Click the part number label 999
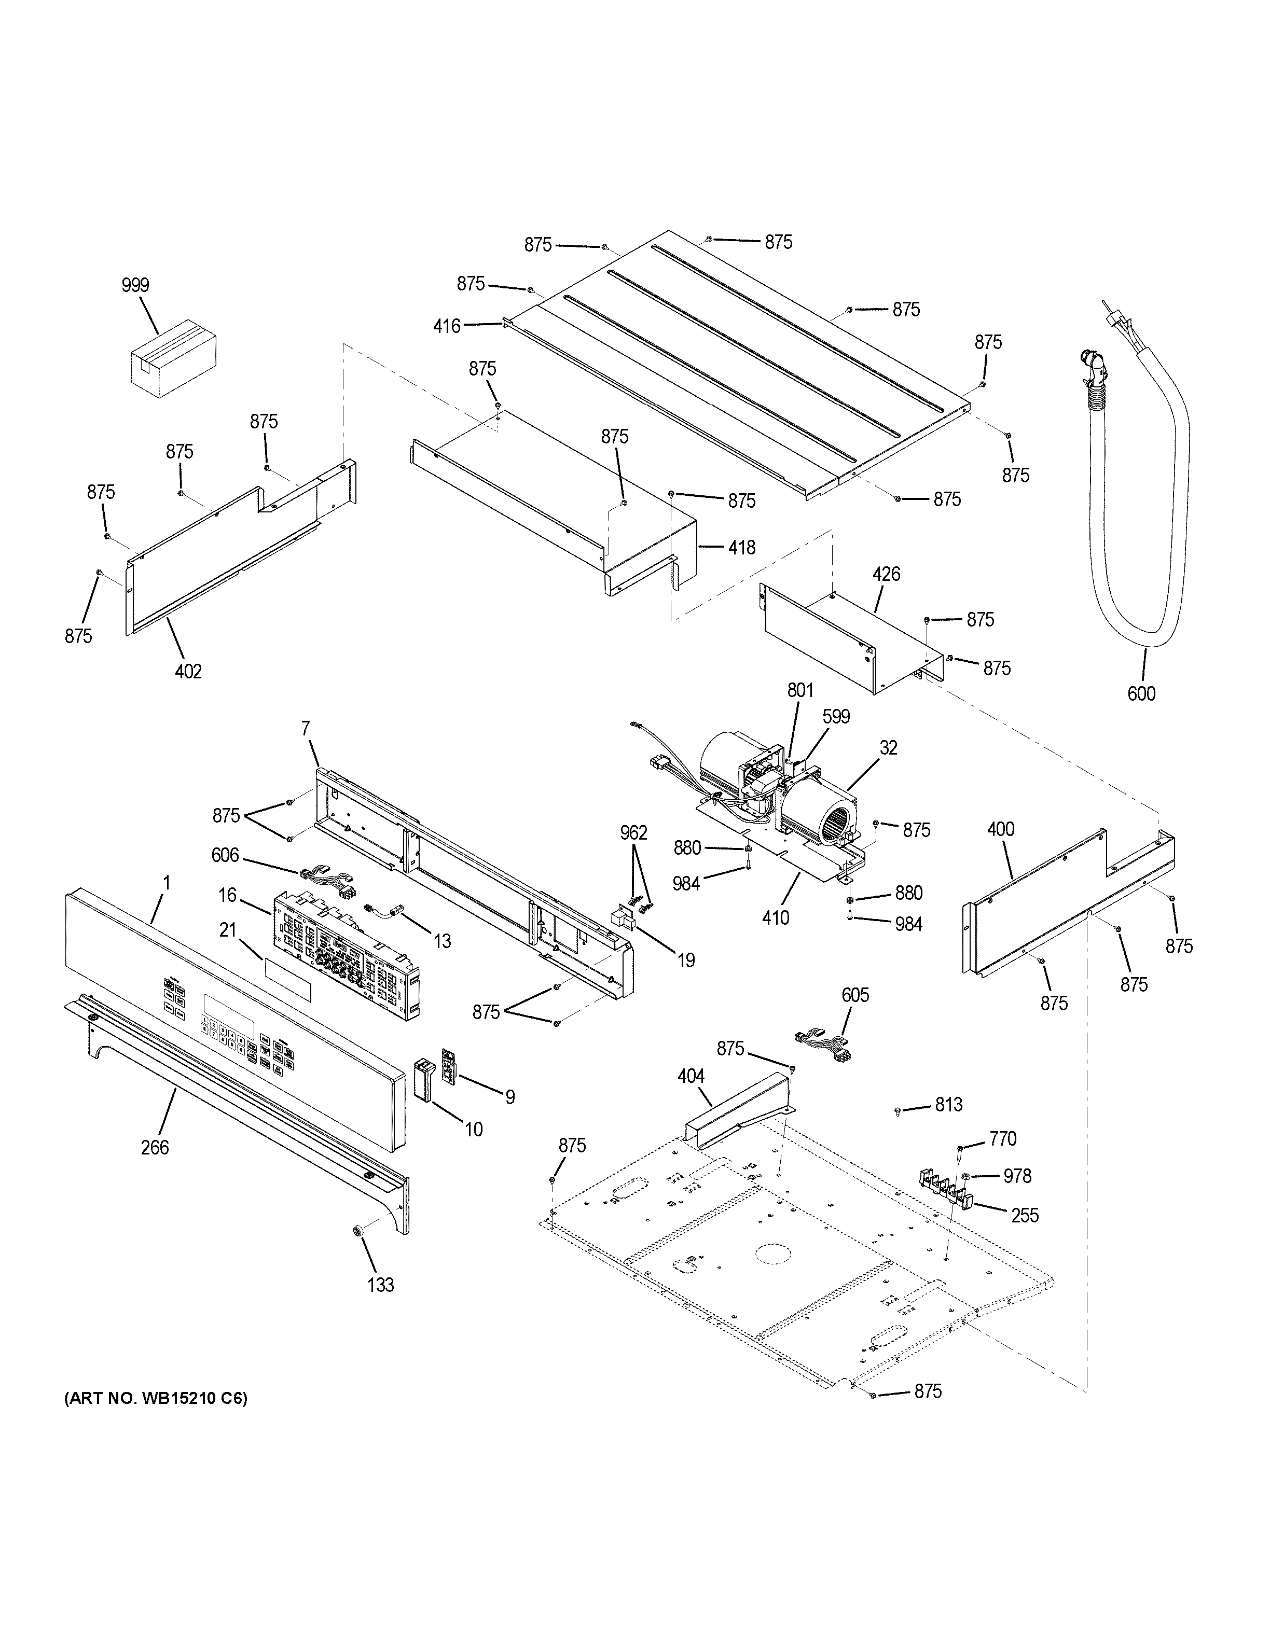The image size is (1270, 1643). point(135,285)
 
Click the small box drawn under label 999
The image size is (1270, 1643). point(173,357)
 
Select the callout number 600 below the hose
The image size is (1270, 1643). point(1141,693)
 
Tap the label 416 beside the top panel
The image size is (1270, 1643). point(447,326)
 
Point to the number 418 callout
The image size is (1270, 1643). point(742,548)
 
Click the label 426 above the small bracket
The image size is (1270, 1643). point(886,575)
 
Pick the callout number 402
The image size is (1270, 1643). point(188,671)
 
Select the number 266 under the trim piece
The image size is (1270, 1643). point(155,1147)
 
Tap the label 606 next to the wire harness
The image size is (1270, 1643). point(225,855)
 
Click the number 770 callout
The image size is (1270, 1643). point(1003,1139)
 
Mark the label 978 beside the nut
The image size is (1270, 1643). point(1017,1176)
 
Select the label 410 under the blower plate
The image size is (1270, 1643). point(776,918)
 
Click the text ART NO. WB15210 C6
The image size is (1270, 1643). point(156,1399)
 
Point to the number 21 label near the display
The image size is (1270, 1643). point(228,930)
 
